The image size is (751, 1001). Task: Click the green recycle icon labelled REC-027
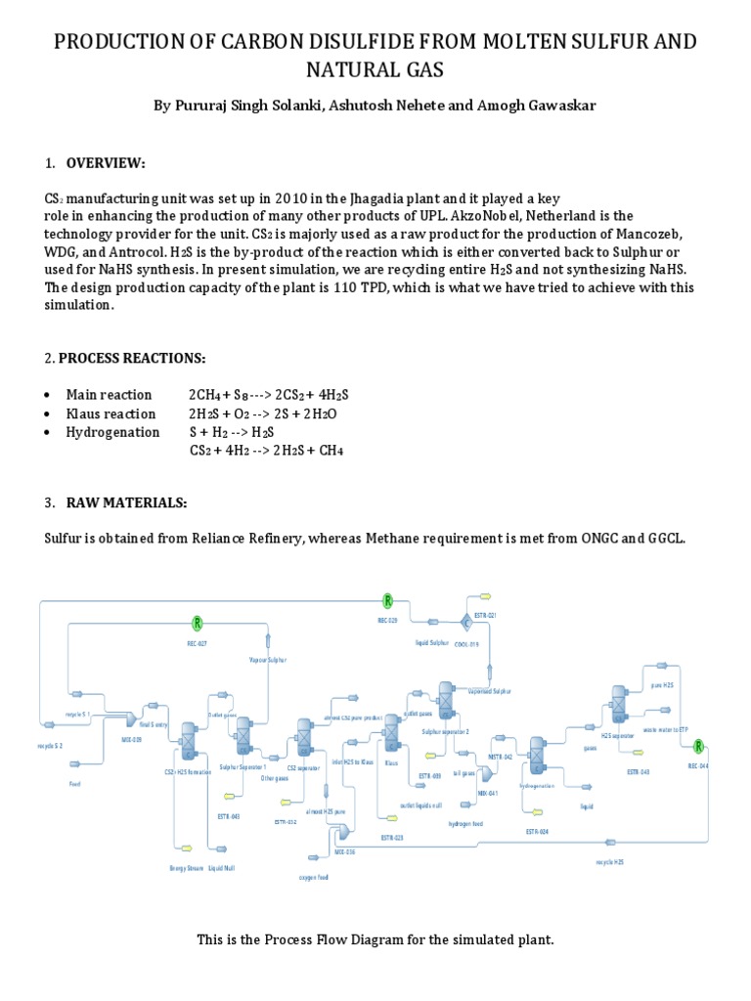pos(198,623)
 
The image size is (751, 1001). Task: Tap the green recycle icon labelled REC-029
pos(387,600)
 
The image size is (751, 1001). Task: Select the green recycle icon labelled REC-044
pos(698,747)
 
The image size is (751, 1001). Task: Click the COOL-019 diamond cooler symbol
pos(465,622)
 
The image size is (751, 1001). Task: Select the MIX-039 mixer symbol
pos(131,720)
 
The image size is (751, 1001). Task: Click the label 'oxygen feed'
pos(314,877)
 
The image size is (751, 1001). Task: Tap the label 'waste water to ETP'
pos(664,729)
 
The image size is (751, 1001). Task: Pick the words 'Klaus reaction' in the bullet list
pos(107,413)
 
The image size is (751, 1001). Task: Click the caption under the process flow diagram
pos(375,939)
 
